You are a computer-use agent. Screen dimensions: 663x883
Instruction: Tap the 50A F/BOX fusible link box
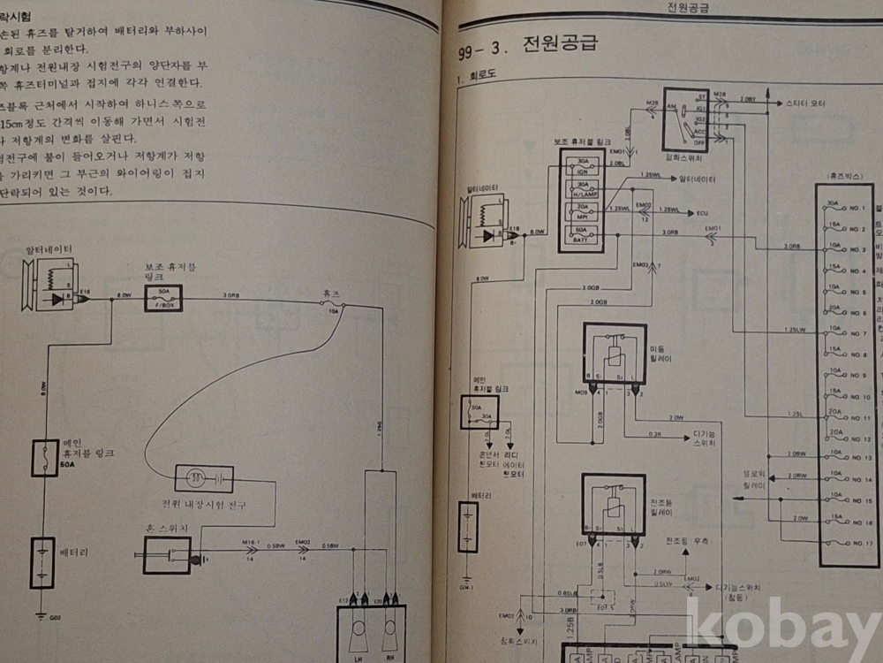tap(163, 298)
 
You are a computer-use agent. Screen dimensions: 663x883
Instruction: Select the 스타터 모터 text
tap(804, 103)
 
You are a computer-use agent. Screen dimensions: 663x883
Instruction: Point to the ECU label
tap(703, 212)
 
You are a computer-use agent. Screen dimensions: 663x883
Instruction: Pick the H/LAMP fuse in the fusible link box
tap(582, 190)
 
